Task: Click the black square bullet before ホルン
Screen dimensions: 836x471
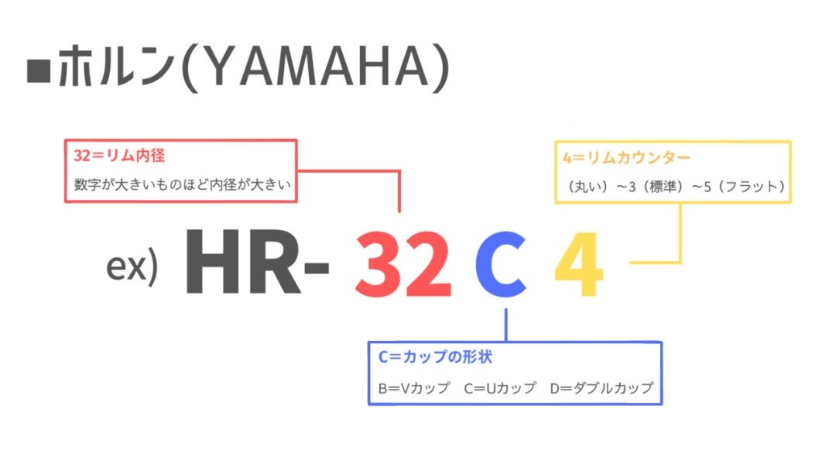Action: (x=39, y=71)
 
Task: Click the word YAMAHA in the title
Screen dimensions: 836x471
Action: (x=316, y=66)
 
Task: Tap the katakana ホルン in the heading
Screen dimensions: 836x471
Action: (x=116, y=66)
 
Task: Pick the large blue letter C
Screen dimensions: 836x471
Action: (x=501, y=264)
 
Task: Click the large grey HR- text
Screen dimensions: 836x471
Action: (x=257, y=261)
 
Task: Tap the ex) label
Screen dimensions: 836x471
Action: (x=132, y=265)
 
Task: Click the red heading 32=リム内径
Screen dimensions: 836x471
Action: (x=119, y=155)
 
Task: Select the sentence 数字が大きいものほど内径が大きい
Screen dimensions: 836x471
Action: (x=183, y=184)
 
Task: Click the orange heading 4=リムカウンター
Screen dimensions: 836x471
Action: (x=626, y=158)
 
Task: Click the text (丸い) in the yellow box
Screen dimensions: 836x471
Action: (x=588, y=186)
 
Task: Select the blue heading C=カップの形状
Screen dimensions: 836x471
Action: (x=435, y=357)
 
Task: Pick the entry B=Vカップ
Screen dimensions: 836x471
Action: (x=414, y=388)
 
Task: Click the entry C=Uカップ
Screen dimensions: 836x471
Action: (x=500, y=388)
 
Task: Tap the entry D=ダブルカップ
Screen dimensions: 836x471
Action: (x=602, y=388)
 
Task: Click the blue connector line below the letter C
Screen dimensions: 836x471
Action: (x=506, y=325)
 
